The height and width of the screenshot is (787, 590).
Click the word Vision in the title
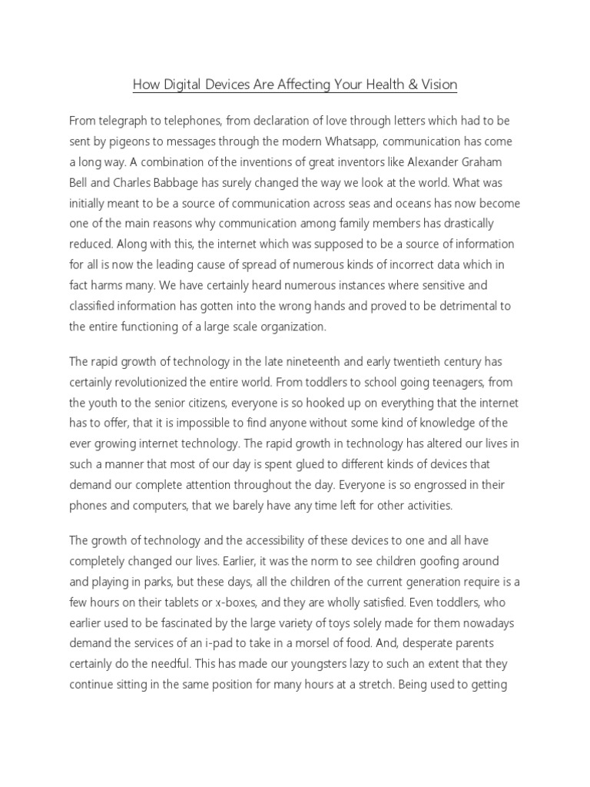[x=438, y=85]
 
